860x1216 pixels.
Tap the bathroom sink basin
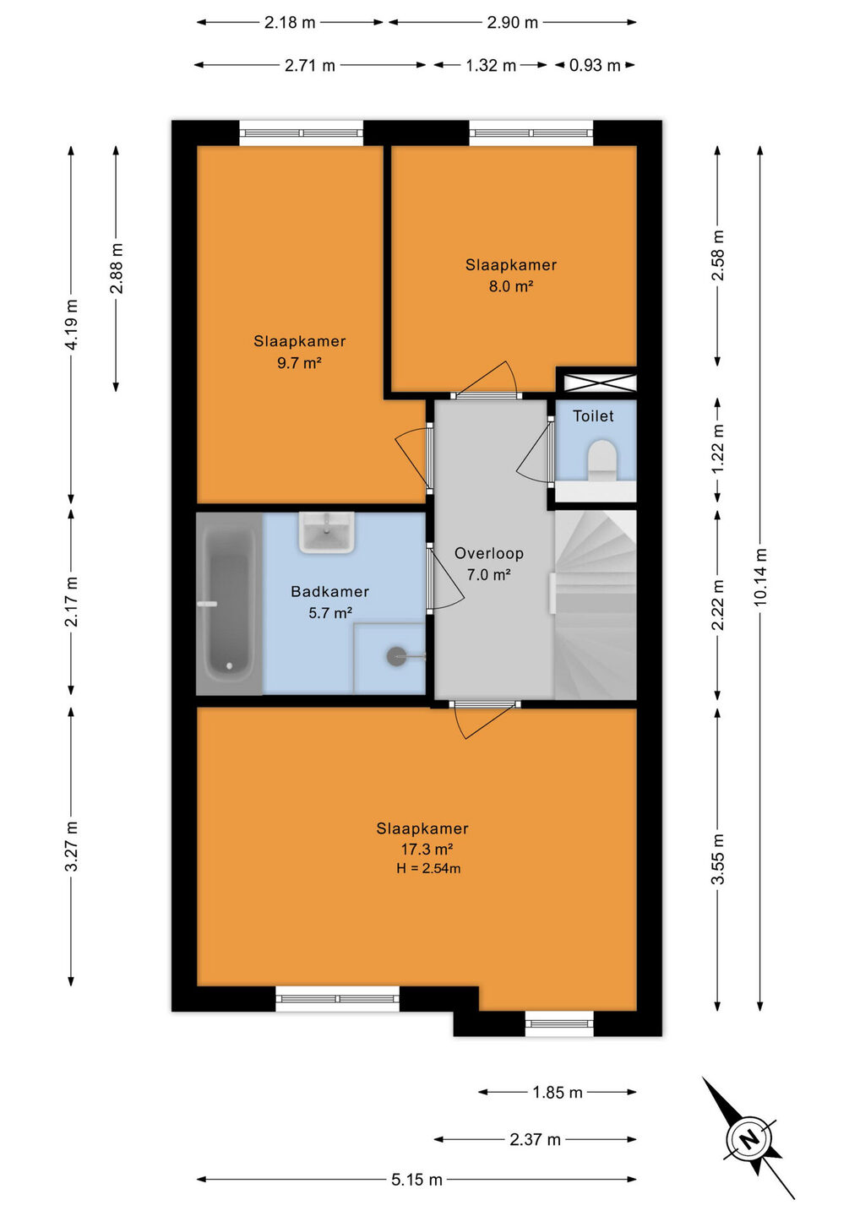point(326,532)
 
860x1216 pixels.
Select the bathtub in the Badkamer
point(229,604)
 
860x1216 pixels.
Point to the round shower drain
point(395,656)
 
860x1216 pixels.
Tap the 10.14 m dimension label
point(760,577)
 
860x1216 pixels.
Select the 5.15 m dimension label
point(417,1179)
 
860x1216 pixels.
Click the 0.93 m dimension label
point(595,66)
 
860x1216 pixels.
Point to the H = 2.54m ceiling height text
point(428,868)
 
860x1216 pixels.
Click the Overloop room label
point(488,553)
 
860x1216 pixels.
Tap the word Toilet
point(593,415)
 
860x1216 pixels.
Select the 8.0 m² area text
point(511,286)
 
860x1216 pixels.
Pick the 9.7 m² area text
point(299,362)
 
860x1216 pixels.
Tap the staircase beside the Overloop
point(595,605)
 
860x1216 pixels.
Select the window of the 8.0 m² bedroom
point(531,133)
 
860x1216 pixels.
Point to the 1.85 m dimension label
point(557,1092)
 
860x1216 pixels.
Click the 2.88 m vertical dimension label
point(117,269)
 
